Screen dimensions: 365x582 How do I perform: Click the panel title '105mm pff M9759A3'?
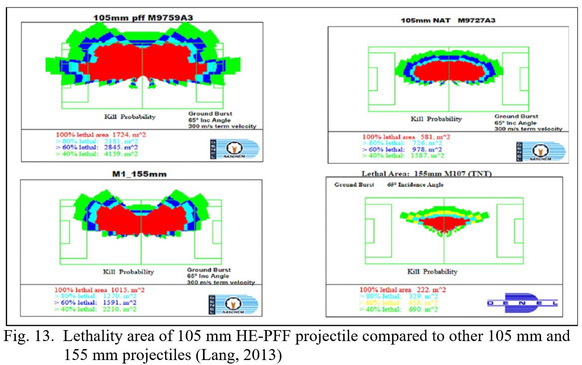143,17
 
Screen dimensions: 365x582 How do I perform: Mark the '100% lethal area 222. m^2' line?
403,290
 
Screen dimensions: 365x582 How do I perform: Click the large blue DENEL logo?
522,302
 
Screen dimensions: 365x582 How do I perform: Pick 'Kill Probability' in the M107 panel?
432,272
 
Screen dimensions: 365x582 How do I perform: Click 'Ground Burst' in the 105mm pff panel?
210,113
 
